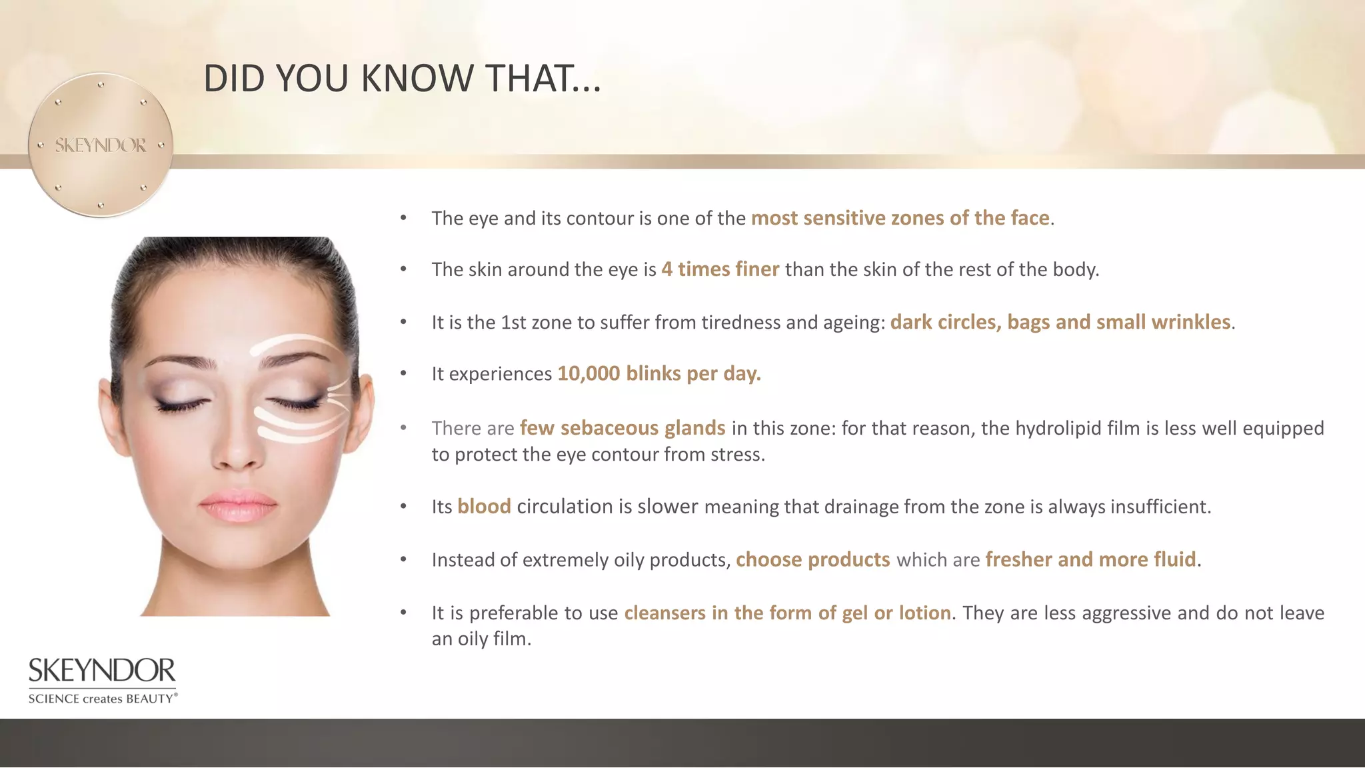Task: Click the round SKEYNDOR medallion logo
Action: coord(101,145)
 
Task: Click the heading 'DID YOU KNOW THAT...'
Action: coord(402,78)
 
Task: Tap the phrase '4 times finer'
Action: coord(720,269)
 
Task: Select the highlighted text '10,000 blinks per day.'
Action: coord(659,373)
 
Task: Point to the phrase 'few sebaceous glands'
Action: coord(623,428)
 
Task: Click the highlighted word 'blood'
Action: coord(484,507)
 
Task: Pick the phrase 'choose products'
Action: coord(812,559)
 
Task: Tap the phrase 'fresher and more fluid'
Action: coord(1090,559)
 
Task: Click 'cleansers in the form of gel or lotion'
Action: coord(787,613)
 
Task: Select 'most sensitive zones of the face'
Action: coord(900,218)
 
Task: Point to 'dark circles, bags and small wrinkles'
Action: coord(1060,322)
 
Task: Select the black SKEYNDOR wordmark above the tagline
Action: coord(102,671)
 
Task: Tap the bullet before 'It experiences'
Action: coord(403,373)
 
